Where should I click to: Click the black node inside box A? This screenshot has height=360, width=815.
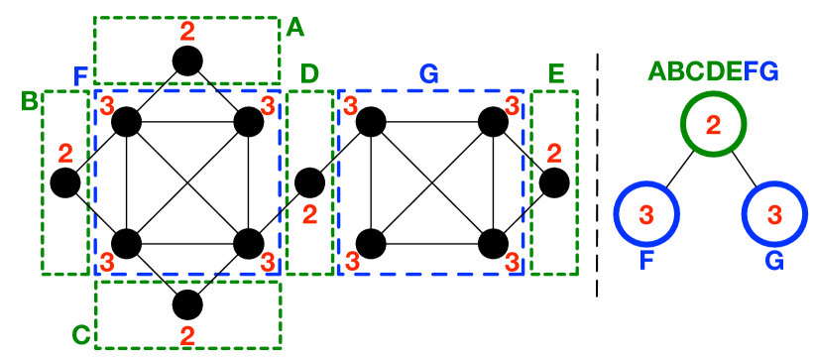point(186,61)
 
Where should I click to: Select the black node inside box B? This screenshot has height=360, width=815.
point(65,183)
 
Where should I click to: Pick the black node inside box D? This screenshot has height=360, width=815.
point(310,182)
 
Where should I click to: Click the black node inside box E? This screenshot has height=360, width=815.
point(554,182)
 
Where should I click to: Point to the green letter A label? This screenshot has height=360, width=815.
point(293,29)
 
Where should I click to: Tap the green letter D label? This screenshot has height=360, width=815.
point(309,74)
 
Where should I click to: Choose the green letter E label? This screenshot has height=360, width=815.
point(555,74)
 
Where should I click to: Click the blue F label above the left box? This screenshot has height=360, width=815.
point(81,76)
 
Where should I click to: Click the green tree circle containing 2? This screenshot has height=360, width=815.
point(713,124)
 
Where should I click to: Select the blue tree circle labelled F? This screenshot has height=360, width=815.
point(645,214)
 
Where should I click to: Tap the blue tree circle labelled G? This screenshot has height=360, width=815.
point(776,214)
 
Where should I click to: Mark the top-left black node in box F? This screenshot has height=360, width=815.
point(127,123)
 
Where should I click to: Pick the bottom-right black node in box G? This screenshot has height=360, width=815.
point(493,243)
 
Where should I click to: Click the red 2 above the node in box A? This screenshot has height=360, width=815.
point(185,32)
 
